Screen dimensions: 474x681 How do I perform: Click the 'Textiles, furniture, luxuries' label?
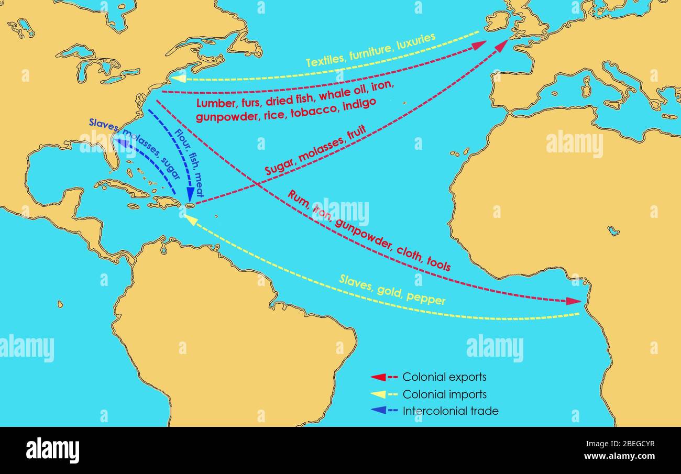pyautogui.click(x=370, y=51)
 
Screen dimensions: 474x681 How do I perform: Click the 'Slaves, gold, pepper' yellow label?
pyautogui.click(x=392, y=290)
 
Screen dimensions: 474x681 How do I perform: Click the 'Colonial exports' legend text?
pyautogui.click(x=444, y=377)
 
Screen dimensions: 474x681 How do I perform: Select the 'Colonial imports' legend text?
pyautogui.click(x=444, y=394)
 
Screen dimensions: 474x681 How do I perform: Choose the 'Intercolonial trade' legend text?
pyautogui.click(x=451, y=411)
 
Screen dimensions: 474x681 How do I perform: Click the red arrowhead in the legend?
pyautogui.click(x=378, y=377)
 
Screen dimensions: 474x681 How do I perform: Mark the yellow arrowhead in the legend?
pyautogui.click(x=378, y=394)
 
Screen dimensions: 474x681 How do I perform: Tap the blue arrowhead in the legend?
pyautogui.click(x=378, y=411)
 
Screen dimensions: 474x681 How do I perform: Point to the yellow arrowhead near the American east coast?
pyautogui.click(x=178, y=78)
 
